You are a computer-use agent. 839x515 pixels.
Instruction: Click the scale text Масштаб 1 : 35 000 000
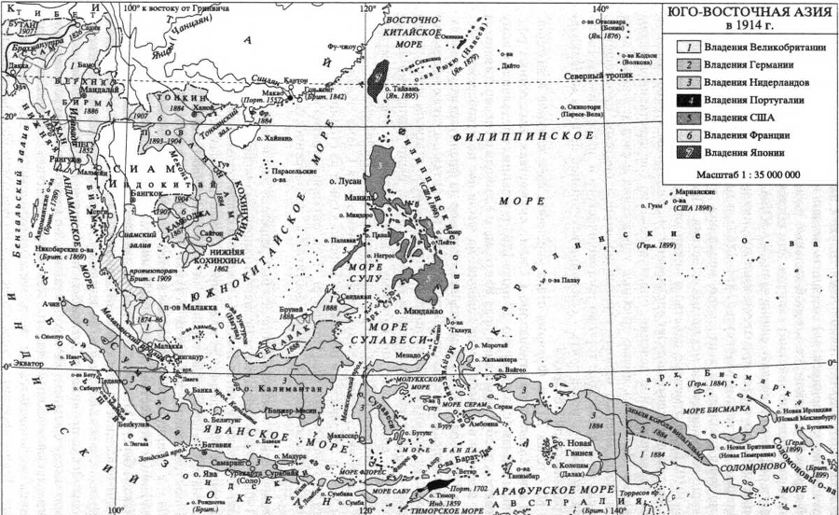click(x=748, y=174)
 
